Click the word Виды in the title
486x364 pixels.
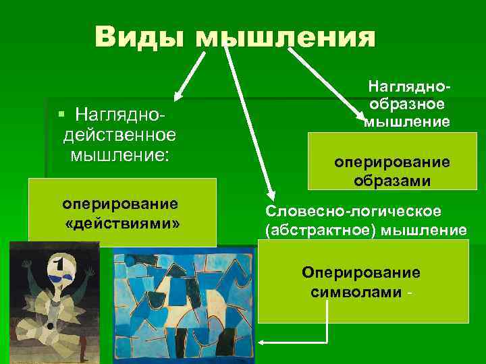click(140, 35)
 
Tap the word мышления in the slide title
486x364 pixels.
click(286, 36)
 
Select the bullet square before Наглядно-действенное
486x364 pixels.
click(61, 111)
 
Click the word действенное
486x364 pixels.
click(119, 135)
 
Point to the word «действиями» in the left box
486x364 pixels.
click(122, 221)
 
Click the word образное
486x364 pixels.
click(407, 105)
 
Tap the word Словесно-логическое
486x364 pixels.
click(354, 212)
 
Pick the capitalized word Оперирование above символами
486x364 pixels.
click(361, 273)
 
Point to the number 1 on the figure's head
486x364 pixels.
click(59, 262)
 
